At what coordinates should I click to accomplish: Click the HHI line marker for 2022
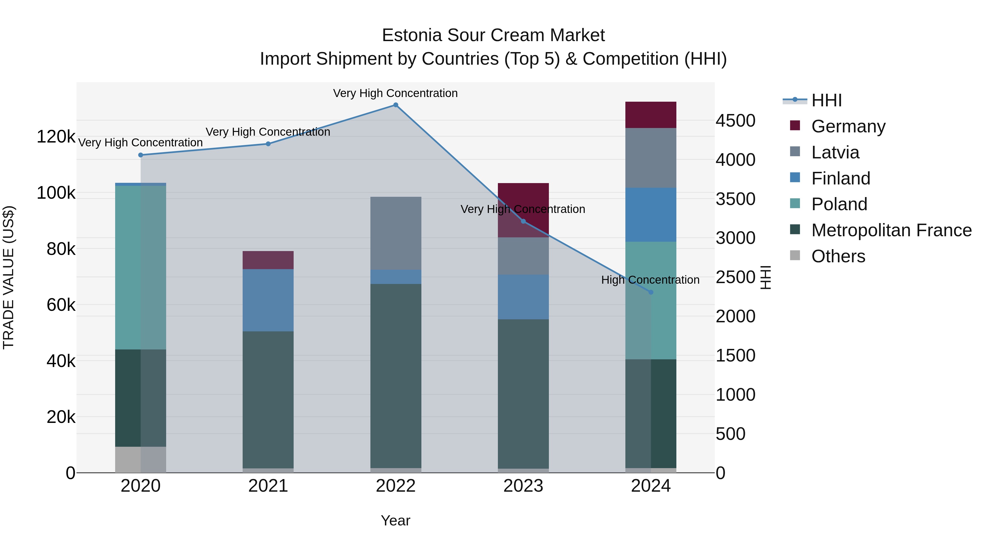click(395, 105)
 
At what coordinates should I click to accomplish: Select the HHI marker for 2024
click(651, 292)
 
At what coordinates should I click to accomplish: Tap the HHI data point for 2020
click(141, 155)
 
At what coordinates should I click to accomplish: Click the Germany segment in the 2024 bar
click(651, 115)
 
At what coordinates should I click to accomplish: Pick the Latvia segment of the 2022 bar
click(395, 233)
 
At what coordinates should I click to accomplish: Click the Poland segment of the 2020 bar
click(141, 267)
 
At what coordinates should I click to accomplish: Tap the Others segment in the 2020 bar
click(141, 459)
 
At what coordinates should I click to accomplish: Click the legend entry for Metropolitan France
click(891, 230)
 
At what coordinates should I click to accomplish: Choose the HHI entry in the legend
click(826, 100)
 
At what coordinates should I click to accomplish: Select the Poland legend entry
click(839, 204)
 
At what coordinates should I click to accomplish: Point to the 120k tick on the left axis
click(56, 137)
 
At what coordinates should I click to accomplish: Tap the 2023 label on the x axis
click(523, 486)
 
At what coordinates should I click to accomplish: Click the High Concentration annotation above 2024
click(650, 280)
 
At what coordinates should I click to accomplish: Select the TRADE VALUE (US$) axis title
click(9, 277)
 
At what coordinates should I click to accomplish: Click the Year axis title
click(395, 520)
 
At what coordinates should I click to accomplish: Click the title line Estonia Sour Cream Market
click(493, 35)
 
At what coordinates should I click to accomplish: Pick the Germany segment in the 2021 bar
click(268, 260)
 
